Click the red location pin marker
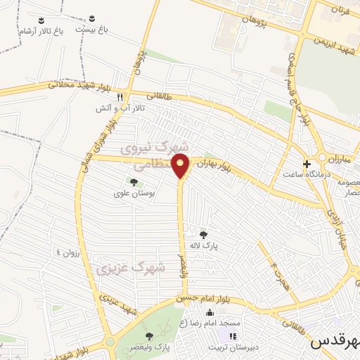181,166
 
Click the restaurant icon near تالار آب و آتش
121,97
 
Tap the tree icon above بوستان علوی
133,182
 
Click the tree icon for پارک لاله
203,235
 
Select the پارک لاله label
203,246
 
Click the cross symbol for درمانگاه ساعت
307,163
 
